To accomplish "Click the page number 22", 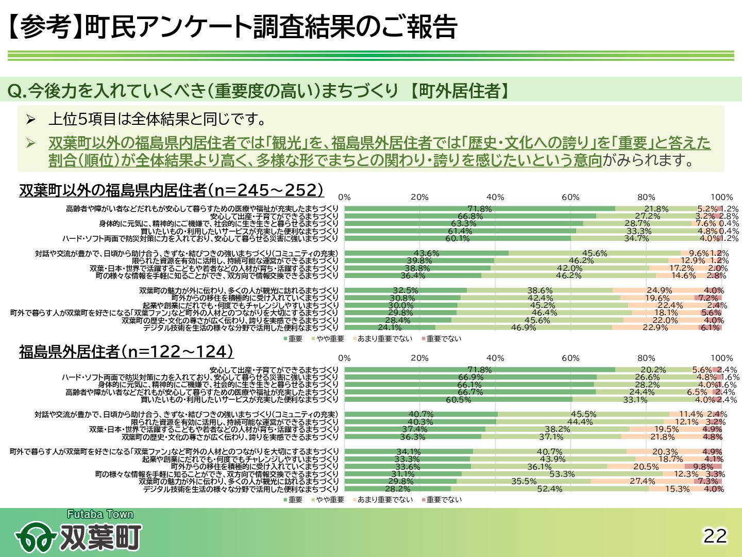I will [715, 536].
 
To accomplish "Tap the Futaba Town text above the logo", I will [100, 514].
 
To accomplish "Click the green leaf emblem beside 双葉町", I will [35, 538].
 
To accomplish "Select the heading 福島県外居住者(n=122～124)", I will [126, 352].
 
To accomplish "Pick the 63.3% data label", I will [463, 224].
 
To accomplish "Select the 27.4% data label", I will [643, 481].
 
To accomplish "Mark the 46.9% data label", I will [524, 327].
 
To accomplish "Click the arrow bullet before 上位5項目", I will [31, 120].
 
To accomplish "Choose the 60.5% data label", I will [458, 400].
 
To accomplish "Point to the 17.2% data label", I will [681, 268].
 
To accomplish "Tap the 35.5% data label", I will [524, 481].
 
